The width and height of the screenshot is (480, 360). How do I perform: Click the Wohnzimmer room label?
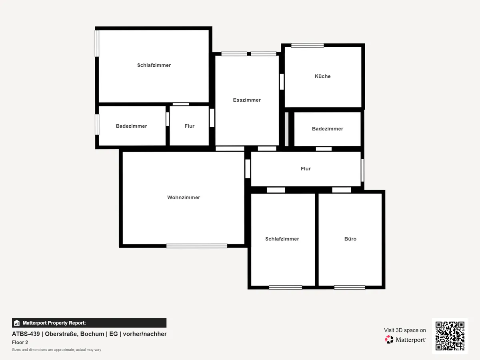coord(184,198)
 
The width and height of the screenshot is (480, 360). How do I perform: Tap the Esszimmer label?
coord(247,100)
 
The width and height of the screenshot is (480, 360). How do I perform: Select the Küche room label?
coord(322,76)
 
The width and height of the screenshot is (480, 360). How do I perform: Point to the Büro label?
coord(350,239)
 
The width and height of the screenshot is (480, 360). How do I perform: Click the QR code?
coord(450,336)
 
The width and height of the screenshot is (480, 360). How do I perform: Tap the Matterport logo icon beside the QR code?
coord(389,340)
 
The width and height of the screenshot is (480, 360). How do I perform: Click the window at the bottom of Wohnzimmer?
coord(197,246)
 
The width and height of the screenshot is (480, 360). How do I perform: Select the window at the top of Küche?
coord(307,45)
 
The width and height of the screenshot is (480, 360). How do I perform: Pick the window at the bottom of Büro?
coord(350,287)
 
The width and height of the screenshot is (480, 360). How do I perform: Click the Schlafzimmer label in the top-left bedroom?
coord(154,65)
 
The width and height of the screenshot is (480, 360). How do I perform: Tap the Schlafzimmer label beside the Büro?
coord(282,239)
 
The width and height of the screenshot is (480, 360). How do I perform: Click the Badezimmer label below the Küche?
coord(327,129)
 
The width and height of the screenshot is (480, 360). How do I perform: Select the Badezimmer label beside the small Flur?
coord(131,126)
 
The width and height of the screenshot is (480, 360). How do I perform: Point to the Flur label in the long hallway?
coord(306,169)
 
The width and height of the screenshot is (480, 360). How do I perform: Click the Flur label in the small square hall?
coord(189,126)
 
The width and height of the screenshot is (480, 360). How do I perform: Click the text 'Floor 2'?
coord(20,342)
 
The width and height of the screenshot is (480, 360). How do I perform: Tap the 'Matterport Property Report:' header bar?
coord(89,323)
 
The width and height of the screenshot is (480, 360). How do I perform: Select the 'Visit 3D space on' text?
coord(405,330)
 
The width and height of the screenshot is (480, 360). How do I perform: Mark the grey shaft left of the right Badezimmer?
coord(286,129)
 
